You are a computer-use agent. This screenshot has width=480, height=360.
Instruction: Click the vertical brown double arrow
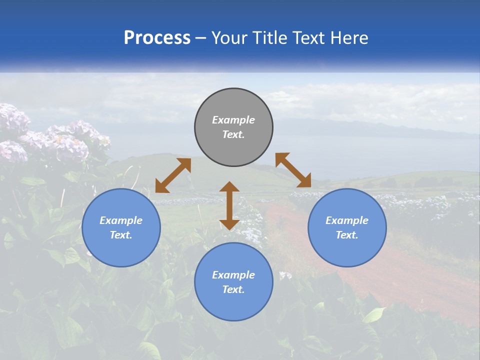pyautogui.click(x=229, y=205)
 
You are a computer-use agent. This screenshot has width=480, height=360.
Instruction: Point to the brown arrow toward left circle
pyautogui.click(x=173, y=175)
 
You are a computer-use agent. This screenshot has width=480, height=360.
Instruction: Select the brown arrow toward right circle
pyautogui.click(x=293, y=170)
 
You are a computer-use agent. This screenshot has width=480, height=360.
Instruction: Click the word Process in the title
pyautogui.click(x=157, y=38)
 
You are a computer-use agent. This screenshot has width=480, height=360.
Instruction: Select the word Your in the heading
pyautogui.click(x=227, y=38)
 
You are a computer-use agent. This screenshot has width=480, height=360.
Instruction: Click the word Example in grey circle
pyautogui.click(x=233, y=120)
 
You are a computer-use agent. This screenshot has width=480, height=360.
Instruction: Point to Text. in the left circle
pyautogui.click(x=121, y=235)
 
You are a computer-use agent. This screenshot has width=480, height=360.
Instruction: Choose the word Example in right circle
pyautogui.click(x=347, y=220)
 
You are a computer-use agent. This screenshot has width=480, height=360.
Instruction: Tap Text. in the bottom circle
pyautogui.click(x=233, y=289)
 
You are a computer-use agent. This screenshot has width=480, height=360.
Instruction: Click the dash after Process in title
pyautogui.click(x=201, y=38)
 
